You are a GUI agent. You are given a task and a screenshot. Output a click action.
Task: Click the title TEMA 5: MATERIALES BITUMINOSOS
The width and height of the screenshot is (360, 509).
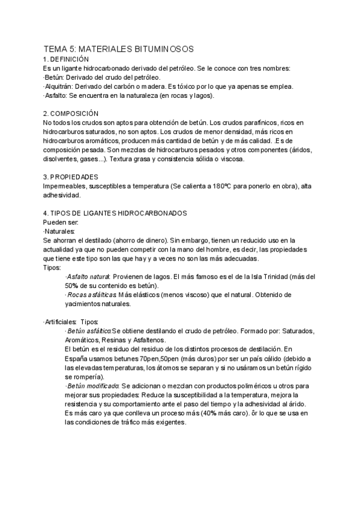[x=118, y=50]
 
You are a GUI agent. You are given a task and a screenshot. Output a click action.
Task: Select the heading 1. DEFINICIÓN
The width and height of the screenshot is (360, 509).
[x=66, y=59]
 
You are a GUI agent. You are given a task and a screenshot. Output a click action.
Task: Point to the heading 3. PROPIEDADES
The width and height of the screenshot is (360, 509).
[x=71, y=177]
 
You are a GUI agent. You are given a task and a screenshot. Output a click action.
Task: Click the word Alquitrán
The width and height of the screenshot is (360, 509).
[x=59, y=86]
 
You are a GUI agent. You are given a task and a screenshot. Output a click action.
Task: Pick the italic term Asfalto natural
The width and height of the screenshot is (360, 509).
[x=87, y=277]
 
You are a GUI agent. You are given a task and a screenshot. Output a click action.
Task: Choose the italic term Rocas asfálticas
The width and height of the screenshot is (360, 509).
[x=91, y=295]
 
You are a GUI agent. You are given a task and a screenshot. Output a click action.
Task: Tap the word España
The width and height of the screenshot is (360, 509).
[x=78, y=358]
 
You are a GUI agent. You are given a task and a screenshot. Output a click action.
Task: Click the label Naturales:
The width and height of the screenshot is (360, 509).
[x=59, y=231]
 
